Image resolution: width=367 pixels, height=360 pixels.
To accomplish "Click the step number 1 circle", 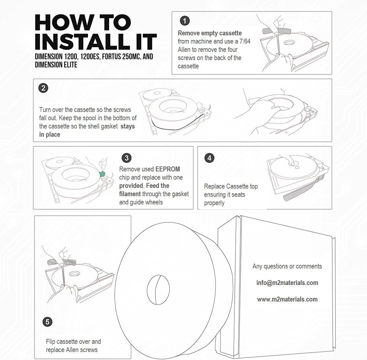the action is pos(184,21).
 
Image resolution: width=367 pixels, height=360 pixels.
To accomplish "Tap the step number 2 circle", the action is pos(43,88).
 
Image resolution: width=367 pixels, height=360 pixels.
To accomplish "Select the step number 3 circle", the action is pos(126,158).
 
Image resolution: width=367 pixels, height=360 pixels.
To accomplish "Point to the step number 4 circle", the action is pos(209,158).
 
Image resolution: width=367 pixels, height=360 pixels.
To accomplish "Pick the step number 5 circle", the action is pos(48,321).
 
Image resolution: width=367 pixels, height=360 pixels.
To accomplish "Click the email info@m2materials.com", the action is pos(287,283).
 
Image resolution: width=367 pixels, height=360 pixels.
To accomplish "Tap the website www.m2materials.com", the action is pos(287,299).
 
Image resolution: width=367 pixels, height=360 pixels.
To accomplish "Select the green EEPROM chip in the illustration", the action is pos(103,173).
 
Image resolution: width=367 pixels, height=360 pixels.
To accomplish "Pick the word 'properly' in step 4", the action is pos(214,203).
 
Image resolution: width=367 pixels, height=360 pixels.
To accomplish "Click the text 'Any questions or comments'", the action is pos(287,266).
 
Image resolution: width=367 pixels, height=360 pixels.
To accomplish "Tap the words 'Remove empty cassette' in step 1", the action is pos(210,33).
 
